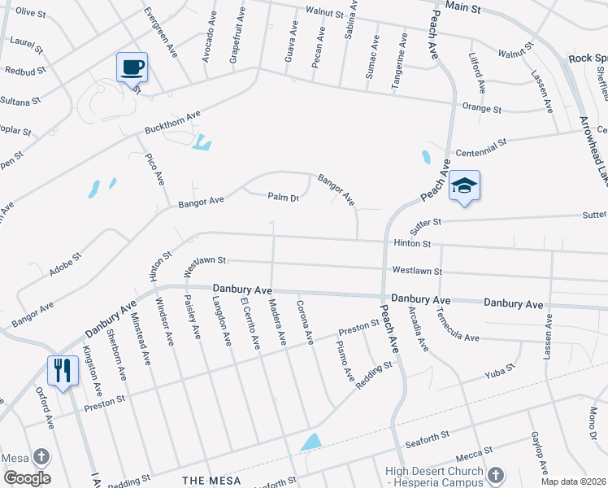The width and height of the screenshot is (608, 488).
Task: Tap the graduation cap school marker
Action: tap(464, 185)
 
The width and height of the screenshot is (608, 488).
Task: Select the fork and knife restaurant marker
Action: tap(62, 370)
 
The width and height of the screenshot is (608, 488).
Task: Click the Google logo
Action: tap(27, 478)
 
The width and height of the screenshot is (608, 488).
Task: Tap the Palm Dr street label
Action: tap(284, 197)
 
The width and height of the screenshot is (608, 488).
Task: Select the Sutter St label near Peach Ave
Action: tap(425, 221)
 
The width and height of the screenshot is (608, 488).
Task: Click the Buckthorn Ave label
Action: tap(172, 123)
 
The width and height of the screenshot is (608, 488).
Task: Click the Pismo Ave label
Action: tap(345, 362)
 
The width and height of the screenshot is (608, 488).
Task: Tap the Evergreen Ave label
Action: tap(160, 33)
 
